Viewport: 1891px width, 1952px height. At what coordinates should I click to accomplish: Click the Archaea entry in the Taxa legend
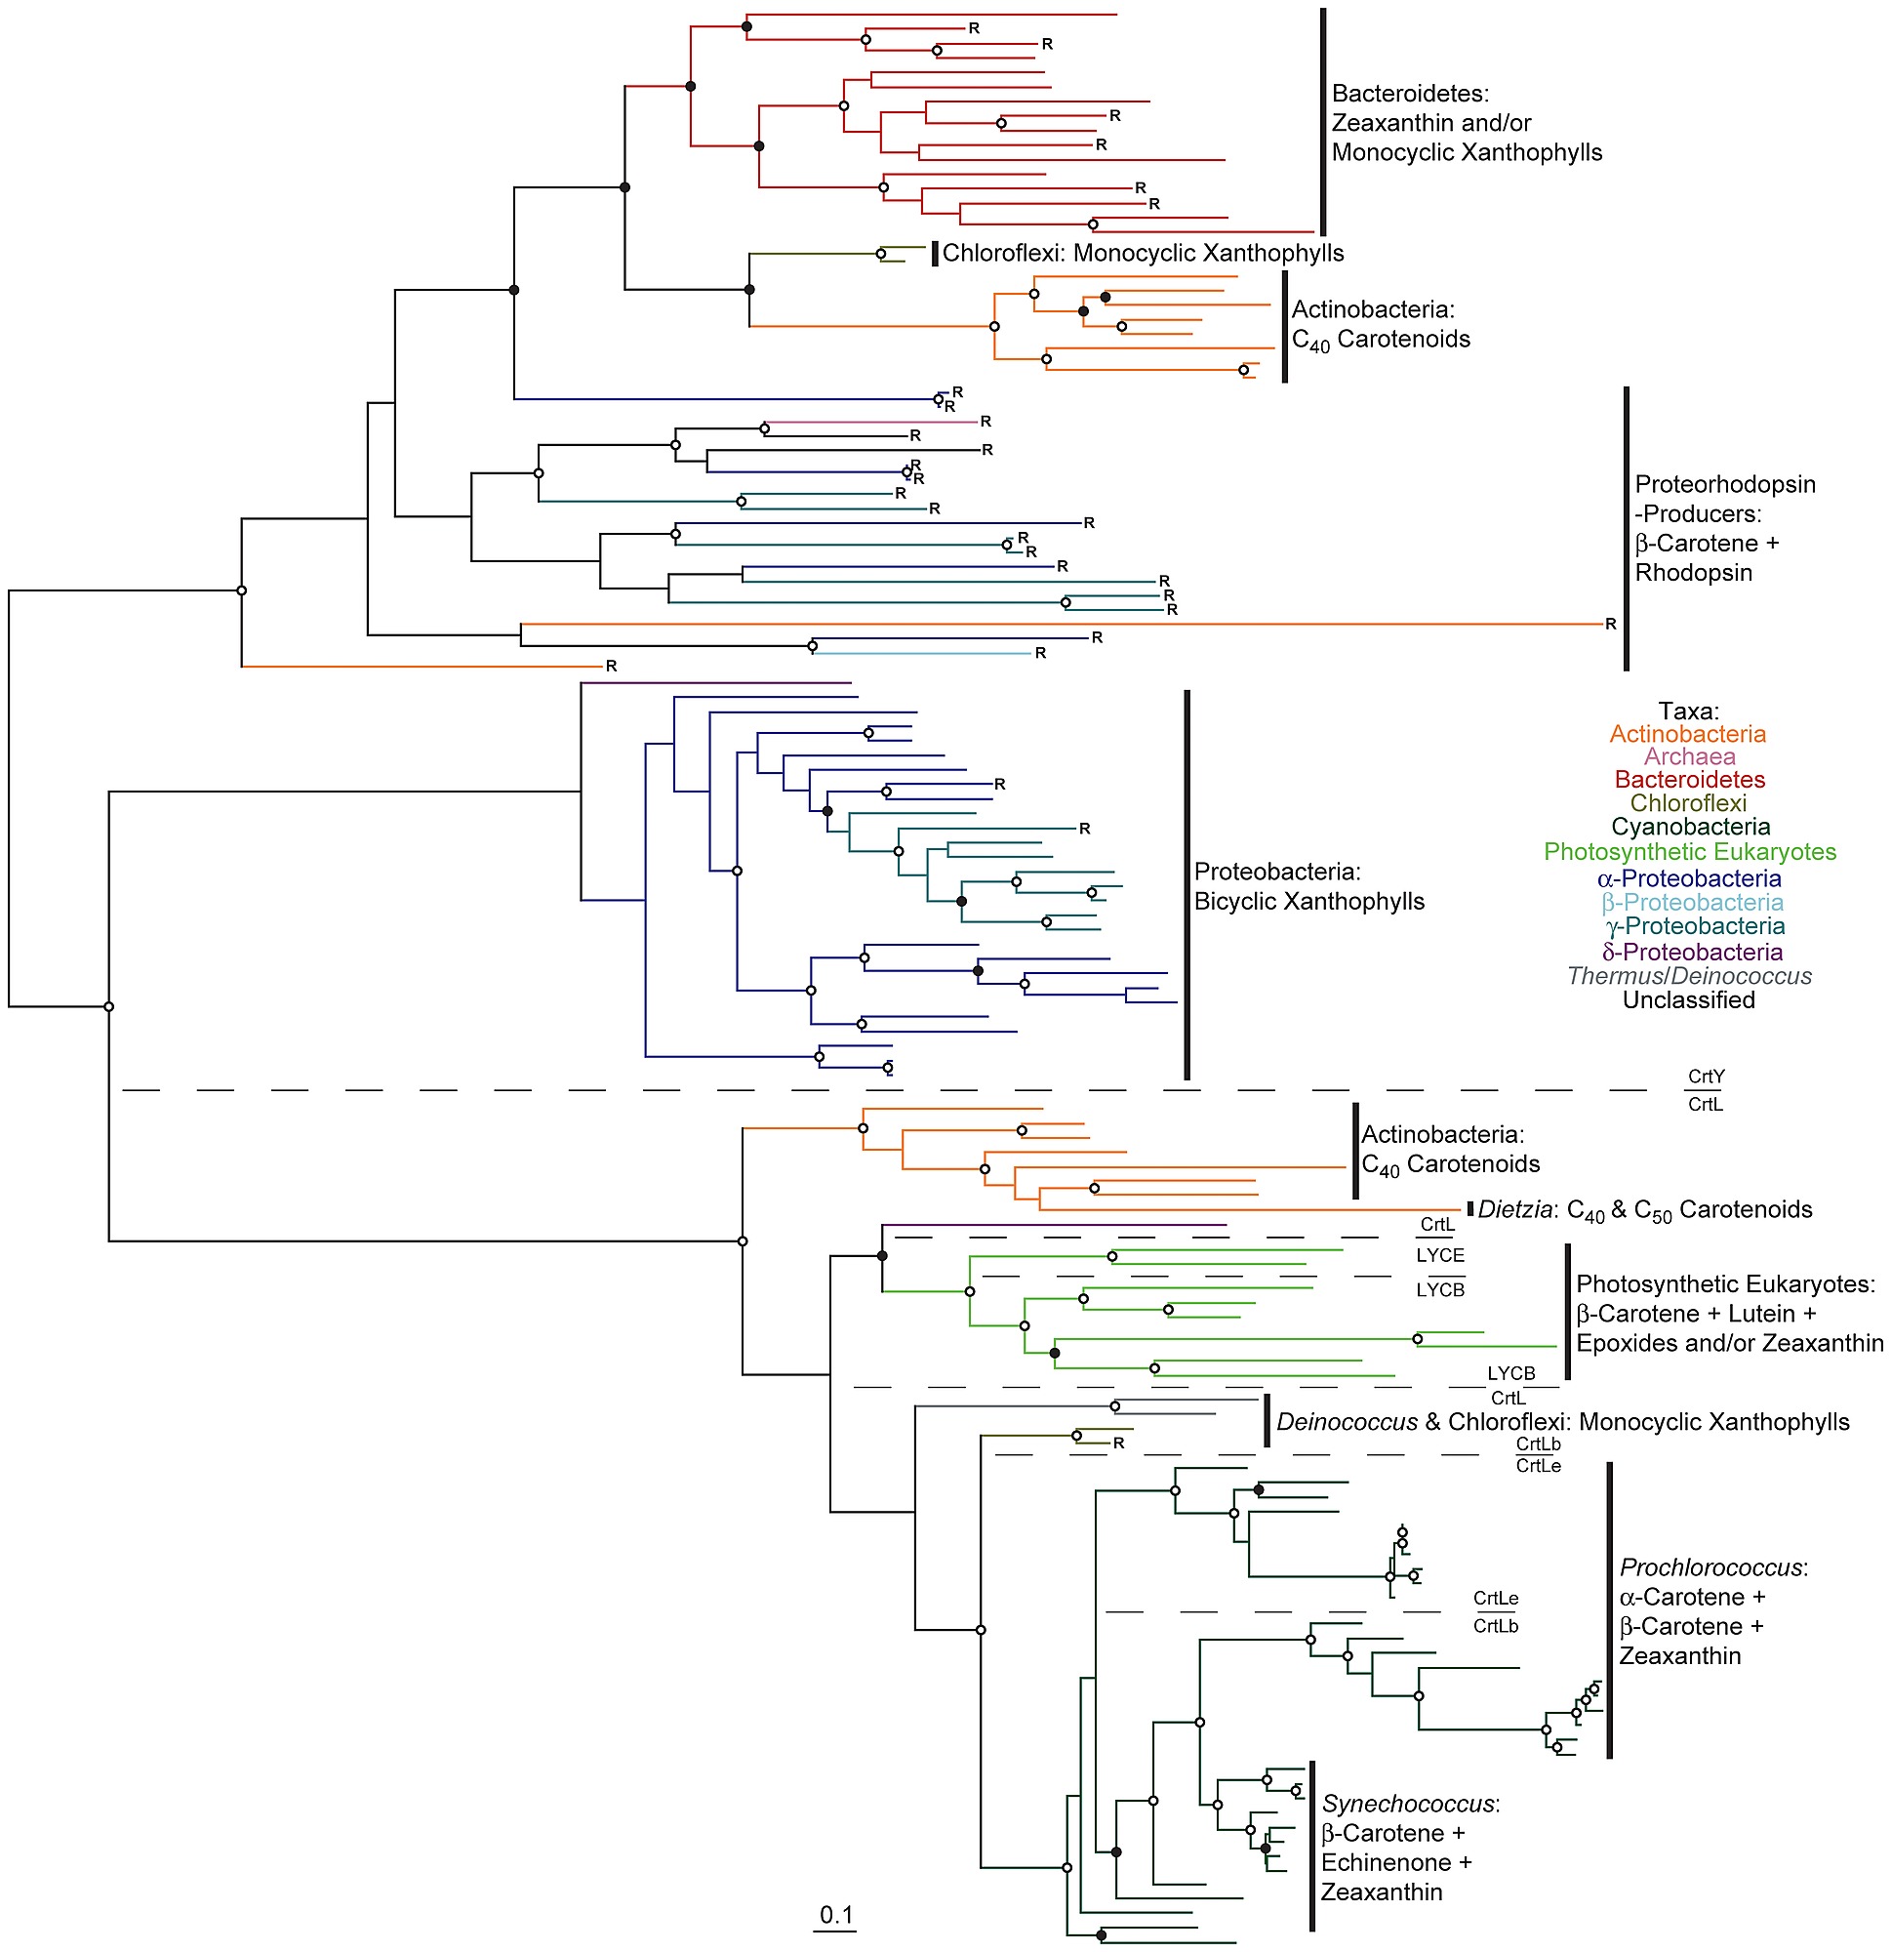[x=1689, y=757]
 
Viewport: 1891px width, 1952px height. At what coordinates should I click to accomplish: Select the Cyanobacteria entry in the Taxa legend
[x=1690, y=827]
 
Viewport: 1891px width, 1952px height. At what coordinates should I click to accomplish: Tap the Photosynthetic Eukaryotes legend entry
[x=1690, y=852]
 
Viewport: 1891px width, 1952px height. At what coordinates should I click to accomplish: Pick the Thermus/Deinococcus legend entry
[x=1689, y=977]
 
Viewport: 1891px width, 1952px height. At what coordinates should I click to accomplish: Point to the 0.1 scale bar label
[x=835, y=1914]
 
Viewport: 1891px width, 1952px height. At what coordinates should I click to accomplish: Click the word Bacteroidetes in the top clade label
[x=1409, y=94]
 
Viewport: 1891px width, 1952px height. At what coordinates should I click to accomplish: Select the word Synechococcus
[x=1408, y=1804]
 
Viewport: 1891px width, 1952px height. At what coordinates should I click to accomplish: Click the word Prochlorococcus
[x=1711, y=1567]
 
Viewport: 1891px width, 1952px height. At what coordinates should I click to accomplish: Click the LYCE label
[x=1440, y=1256]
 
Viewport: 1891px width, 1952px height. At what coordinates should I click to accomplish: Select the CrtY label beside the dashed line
[x=1706, y=1077]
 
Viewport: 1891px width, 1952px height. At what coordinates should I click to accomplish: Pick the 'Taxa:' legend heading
[x=1689, y=712]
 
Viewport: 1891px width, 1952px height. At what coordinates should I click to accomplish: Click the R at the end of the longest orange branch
[x=1610, y=625]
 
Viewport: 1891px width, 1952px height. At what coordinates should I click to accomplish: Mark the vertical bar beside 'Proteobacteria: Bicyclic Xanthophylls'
[x=1186, y=884]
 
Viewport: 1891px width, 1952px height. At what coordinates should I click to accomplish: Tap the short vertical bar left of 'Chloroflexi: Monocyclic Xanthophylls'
[x=934, y=254]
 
